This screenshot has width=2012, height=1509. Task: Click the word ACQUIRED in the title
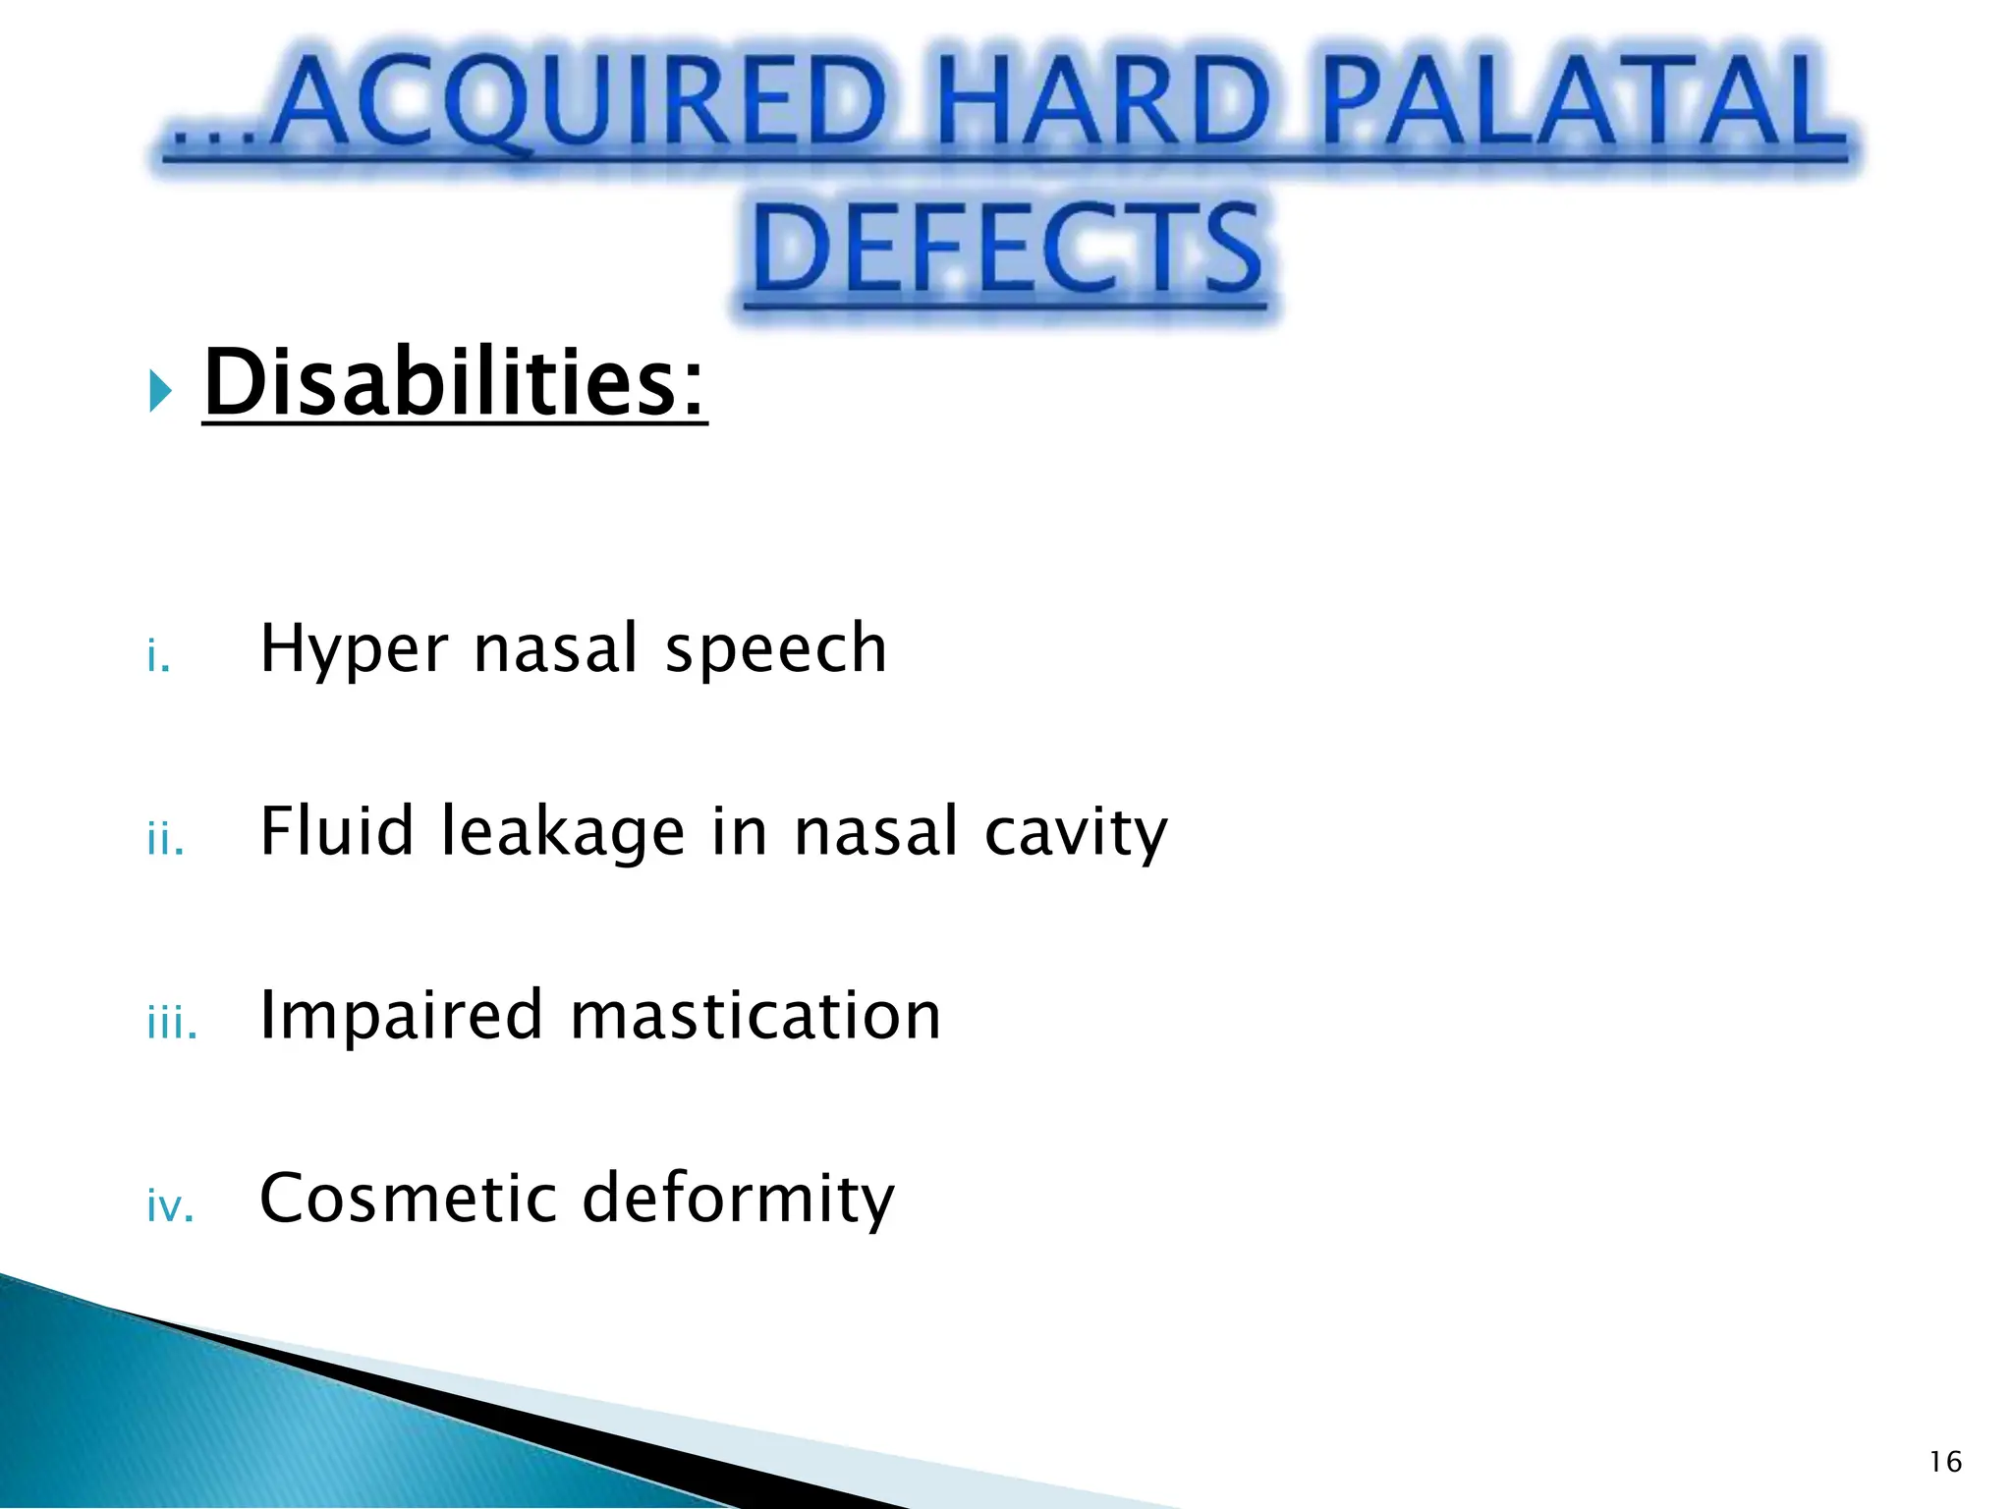point(580,106)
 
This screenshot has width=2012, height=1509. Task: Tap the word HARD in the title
point(1102,106)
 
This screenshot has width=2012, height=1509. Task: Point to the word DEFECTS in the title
point(1007,250)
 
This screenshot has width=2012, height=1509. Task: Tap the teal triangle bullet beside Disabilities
point(160,392)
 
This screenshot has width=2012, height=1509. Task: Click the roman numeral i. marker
point(158,656)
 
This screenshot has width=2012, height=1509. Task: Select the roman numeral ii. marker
point(165,840)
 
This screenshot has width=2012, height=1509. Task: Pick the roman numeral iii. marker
point(172,1024)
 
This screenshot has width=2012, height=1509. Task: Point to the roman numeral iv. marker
point(170,1206)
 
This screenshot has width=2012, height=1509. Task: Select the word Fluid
point(337,831)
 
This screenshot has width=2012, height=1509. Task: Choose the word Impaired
point(401,1017)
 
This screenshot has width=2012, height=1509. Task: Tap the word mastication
point(755,1015)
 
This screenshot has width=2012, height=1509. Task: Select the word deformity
point(738,1201)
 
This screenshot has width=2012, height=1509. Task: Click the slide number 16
point(1945,1463)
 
